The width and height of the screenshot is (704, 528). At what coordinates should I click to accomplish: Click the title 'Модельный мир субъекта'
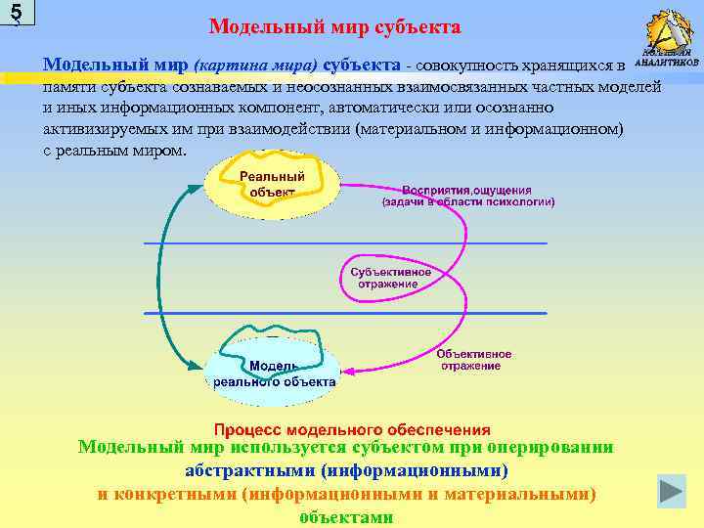334,26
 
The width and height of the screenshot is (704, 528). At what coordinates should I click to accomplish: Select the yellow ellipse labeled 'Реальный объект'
271,184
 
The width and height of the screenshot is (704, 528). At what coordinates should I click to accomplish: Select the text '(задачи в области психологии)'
468,202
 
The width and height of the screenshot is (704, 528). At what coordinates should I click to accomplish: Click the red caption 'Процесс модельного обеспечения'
352,429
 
